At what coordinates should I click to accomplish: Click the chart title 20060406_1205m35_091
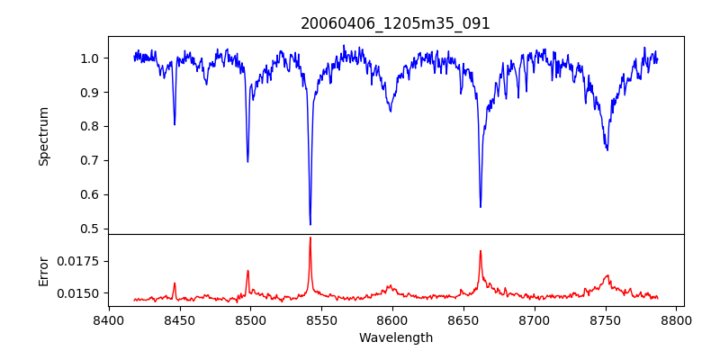395,23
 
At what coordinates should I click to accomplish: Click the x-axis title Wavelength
395,338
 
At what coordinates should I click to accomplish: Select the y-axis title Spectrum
43,136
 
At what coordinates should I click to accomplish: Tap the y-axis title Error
43,270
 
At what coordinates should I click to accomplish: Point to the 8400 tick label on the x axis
108,319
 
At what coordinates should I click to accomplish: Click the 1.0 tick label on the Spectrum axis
89,58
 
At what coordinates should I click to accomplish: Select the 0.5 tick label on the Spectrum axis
89,229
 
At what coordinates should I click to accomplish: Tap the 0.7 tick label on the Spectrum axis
89,160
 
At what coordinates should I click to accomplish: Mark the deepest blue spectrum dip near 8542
310,224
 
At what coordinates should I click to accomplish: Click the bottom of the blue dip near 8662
481,206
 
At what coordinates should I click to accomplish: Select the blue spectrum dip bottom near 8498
247,161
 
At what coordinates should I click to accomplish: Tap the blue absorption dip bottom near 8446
175,124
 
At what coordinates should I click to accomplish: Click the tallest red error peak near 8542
310,238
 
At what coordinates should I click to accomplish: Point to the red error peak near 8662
481,251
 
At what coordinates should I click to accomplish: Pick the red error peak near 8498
247,271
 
